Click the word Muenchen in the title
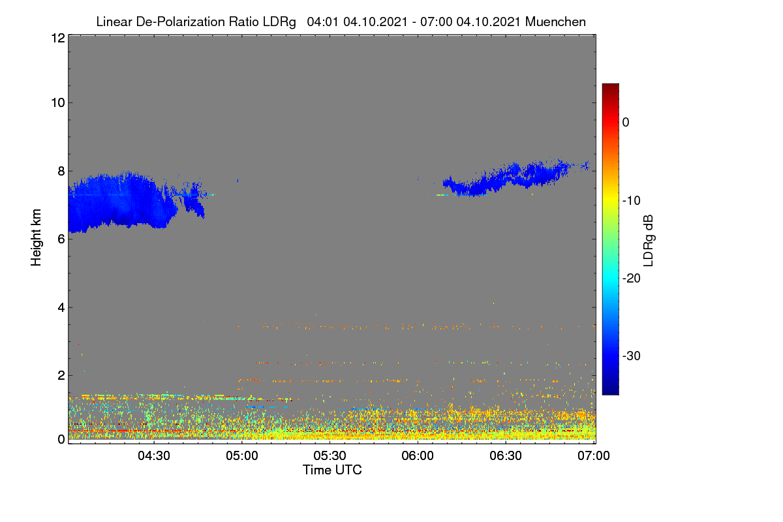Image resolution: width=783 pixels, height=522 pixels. [555, 22]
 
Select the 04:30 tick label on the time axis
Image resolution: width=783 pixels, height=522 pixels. [154, 455]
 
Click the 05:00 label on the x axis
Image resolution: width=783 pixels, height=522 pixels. [242, 455]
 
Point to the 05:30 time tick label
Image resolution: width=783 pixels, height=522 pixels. [330, 455]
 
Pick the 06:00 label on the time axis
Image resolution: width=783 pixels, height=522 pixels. [418, 455]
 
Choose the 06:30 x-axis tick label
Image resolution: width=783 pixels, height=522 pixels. [506, 455]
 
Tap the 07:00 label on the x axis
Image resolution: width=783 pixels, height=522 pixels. [594, 455]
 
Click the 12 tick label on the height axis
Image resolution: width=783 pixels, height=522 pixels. [58, 38]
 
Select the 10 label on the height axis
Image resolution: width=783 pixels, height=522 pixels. [58, 103]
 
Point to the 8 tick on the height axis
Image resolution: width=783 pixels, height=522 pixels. [61, 172]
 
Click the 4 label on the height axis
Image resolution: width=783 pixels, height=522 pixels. [61, 308]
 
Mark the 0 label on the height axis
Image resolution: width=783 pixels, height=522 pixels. [61, 440]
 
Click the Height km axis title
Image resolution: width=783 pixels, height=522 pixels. [36, 238]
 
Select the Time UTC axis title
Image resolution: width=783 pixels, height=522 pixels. [332, 470]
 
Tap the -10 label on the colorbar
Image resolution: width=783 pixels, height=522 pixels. [632, 201]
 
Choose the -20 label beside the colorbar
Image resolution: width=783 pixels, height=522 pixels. [632, 279]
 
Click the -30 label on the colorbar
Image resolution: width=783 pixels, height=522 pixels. [632, 356]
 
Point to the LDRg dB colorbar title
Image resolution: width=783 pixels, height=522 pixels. [649, 241]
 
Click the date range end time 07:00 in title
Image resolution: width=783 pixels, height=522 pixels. [437, 22]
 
